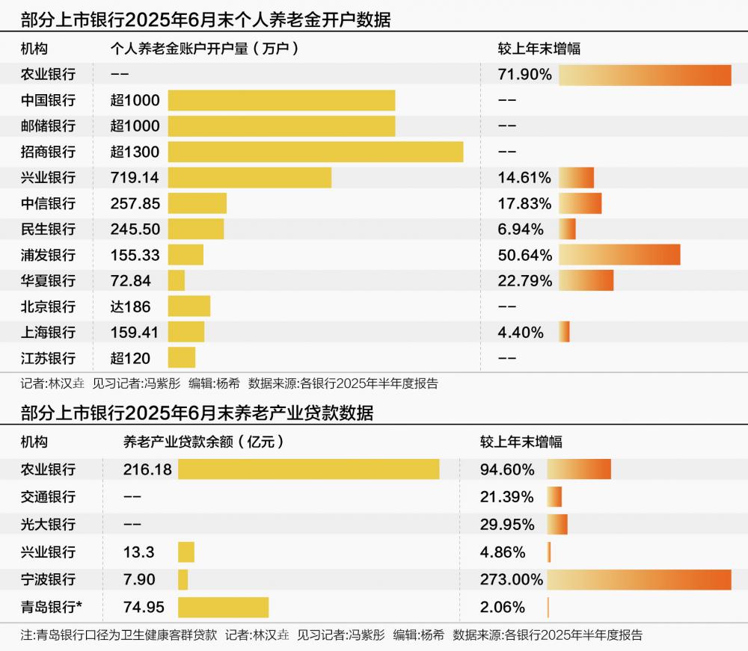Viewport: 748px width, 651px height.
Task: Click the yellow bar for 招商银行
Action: (x=315, y=152)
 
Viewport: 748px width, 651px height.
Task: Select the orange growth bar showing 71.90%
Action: (x=644, y=75)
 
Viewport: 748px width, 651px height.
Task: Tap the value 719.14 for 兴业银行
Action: (x=135, y=178)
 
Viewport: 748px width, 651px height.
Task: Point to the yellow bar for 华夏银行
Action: (x=177, y=281)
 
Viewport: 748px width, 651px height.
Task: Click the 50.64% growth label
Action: (x=525, y=255)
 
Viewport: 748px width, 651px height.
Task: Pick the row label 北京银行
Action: (x=49, y=306)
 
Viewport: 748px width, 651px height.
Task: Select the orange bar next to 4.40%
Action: (x=564, y=333)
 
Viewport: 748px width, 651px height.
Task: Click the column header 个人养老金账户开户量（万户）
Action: (x=205, y=49)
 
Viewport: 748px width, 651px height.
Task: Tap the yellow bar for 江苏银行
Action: (x=182, y=358)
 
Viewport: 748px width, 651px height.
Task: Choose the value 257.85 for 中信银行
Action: (x=135, y=203)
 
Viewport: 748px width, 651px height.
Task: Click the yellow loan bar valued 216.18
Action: (x=308, y=469)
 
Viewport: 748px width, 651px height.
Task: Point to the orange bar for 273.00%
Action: (x=638, y=579)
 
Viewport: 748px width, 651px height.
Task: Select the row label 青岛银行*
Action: (x=52, y=606)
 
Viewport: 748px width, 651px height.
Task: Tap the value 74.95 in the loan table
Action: (x=144, y=606)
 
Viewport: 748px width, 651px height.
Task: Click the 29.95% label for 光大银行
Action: (x=507, y=524)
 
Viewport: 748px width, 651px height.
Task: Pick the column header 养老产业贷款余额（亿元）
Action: (x=204, y=442)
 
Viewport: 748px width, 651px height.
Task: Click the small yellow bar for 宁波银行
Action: (x=183, y=579)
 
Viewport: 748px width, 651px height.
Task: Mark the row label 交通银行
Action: (x=49, y=497)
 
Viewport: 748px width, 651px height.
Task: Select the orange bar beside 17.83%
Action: (x=580, y=203)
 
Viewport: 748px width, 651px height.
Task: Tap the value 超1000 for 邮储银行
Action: (x=135, y=126)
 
